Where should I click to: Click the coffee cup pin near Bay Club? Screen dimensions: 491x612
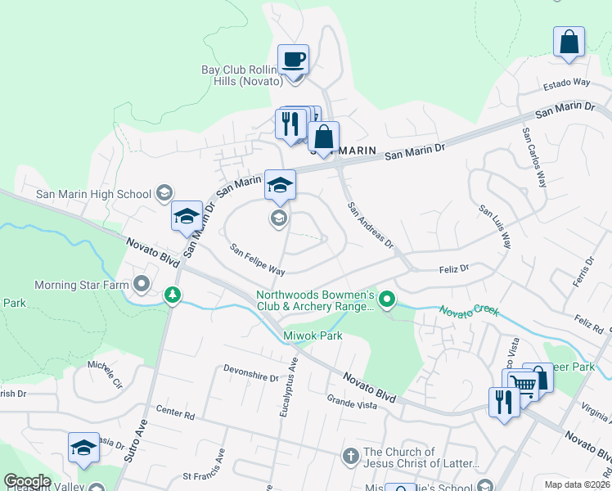293,60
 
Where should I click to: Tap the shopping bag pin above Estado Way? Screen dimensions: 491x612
569,42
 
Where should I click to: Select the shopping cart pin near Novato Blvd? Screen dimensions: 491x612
524,384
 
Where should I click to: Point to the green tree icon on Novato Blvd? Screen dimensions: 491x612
172,294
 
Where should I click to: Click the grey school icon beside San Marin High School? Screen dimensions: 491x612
164,193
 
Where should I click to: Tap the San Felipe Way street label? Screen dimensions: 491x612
256,259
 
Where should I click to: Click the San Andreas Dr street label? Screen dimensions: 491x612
370,226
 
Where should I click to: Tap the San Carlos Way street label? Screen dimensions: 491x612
533,157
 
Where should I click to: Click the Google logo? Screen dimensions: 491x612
27,481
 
